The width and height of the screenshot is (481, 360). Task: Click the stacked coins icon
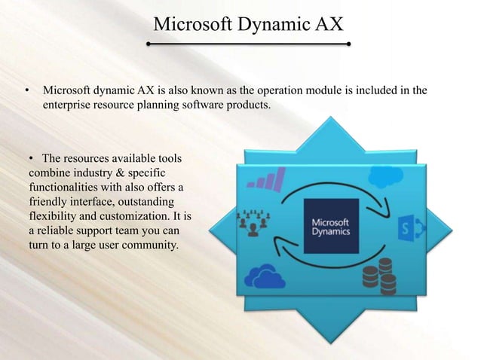pyautogui.click(x=378, y=274)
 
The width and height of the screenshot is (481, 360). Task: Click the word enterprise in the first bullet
pyautogui.click(x=69, y=106)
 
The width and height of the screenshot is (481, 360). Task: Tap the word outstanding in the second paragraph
pyautogui.click(x=142, y=203)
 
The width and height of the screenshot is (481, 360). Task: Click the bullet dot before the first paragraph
pyautogui.click(x=26, y=93)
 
